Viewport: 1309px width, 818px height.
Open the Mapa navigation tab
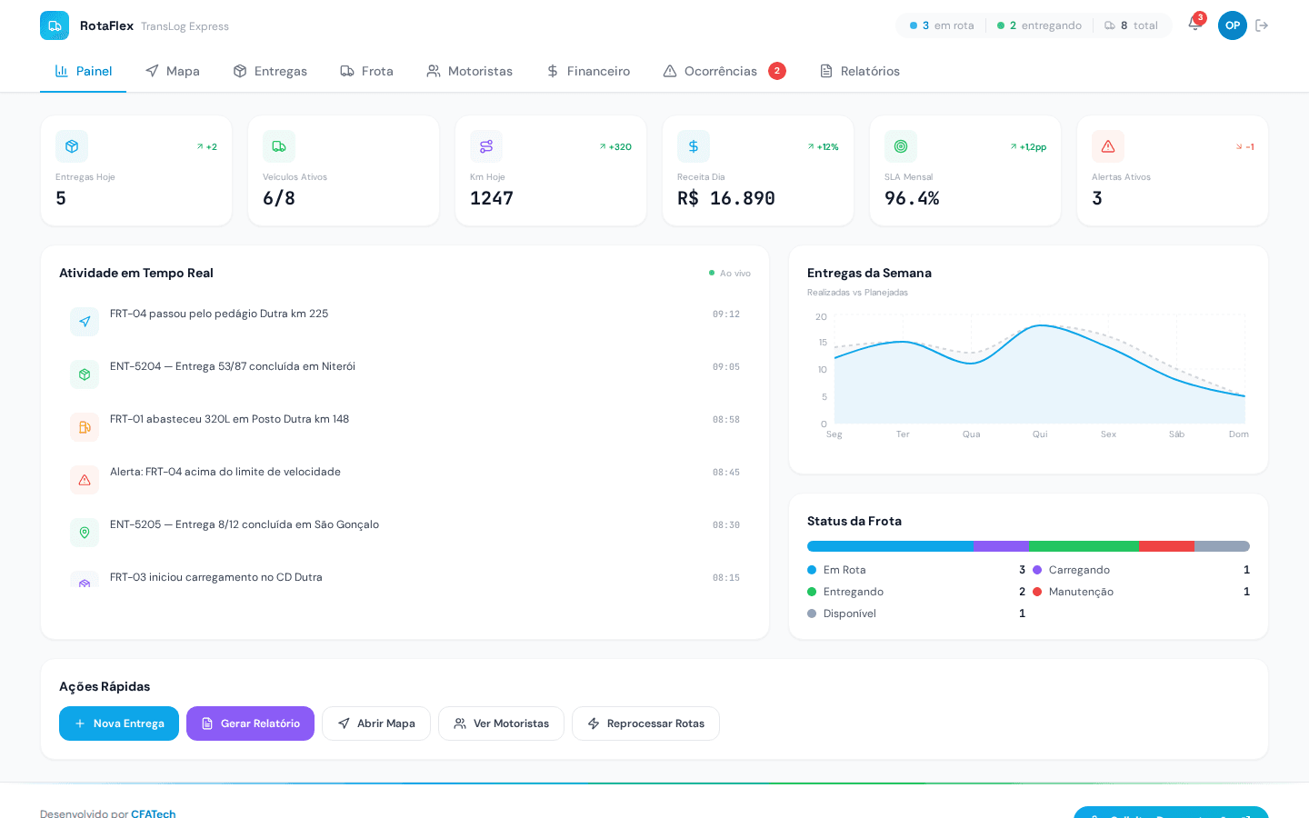[172, 71]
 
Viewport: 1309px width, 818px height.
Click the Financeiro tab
[588, 71]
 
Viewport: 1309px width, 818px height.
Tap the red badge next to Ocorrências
[777, 71]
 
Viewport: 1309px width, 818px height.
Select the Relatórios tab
[860, 71]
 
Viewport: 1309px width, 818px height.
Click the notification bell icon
[1194, 25]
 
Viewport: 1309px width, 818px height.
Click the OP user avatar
[1232, 25]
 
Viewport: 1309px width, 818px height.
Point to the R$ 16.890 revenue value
[725, 198]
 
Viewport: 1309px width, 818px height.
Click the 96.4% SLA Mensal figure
[912, 198]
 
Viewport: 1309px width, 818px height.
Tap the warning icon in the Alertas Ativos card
[1107, 146]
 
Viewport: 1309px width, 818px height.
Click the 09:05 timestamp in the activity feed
[725, 367]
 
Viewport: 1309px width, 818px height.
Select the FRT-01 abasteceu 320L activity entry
[229, 419]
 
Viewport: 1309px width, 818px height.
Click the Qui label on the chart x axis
[1040, 434]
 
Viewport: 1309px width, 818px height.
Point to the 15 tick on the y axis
[823, 343]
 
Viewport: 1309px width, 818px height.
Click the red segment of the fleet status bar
[1166, 546]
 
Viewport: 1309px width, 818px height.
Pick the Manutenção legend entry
[1080, 592]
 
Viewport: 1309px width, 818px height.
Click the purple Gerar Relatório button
[250, 723]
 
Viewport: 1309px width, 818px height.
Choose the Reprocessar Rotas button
[645, 723]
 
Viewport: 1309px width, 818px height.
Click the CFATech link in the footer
[153, 813]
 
